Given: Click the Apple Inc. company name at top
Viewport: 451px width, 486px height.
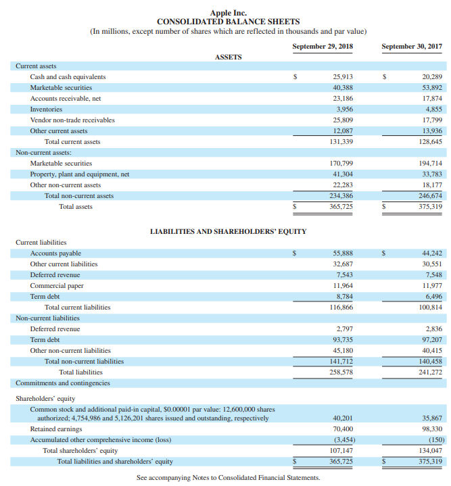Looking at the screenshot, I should point(229,12).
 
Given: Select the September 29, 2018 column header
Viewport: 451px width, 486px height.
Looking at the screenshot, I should point(323,47).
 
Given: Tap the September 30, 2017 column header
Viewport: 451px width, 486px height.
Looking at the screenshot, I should point(411,47).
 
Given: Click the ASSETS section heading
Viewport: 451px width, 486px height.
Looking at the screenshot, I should point(228,57).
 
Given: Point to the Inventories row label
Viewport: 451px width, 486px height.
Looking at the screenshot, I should point(46,109).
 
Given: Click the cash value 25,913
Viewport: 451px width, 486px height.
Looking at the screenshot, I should point(343,77).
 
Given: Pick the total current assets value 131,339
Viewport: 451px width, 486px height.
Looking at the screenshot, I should point(341,141).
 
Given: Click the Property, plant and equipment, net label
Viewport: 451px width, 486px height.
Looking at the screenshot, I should point(79,174).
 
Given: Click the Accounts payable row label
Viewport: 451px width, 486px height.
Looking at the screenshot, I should point(55,253).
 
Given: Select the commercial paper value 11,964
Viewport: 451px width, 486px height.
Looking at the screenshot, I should point(343,286).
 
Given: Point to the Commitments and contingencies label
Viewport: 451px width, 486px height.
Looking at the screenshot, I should point(62,383).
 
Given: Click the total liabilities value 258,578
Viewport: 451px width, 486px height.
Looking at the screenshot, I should point(341,372).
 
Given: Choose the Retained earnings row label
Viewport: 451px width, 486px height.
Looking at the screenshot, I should point(56,429).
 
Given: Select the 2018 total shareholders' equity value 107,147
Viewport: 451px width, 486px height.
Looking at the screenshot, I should point(341,450).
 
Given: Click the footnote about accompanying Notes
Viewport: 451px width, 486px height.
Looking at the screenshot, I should point(228,477).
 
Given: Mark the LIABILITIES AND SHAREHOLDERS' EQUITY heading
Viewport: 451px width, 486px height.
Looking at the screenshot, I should point(228,231).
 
